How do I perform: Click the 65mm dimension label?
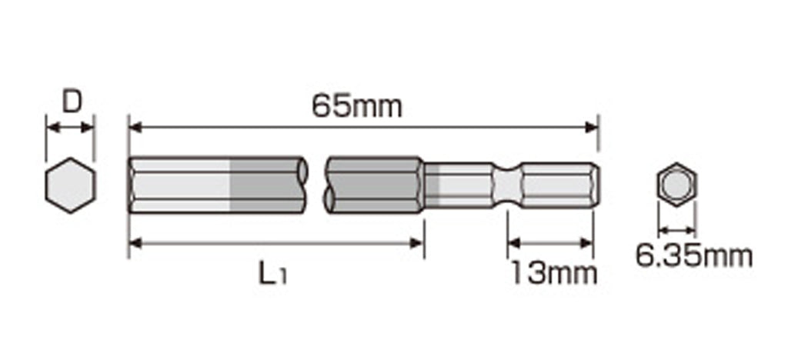click(x=357, y=106)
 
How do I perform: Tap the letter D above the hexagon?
click(x=72, y=102)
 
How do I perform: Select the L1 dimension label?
click(x=272, y=274)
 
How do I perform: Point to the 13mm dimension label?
click(x=554, y=273)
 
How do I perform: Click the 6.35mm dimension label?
click(x=694, y=256)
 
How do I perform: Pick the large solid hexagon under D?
click(x=70, y=185)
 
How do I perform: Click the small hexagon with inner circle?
click(x=676, y=185)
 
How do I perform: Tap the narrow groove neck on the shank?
click(x=507, y=185)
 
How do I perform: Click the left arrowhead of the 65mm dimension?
click(x=135, y=127)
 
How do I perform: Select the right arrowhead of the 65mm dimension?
click(x=592, y=127)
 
